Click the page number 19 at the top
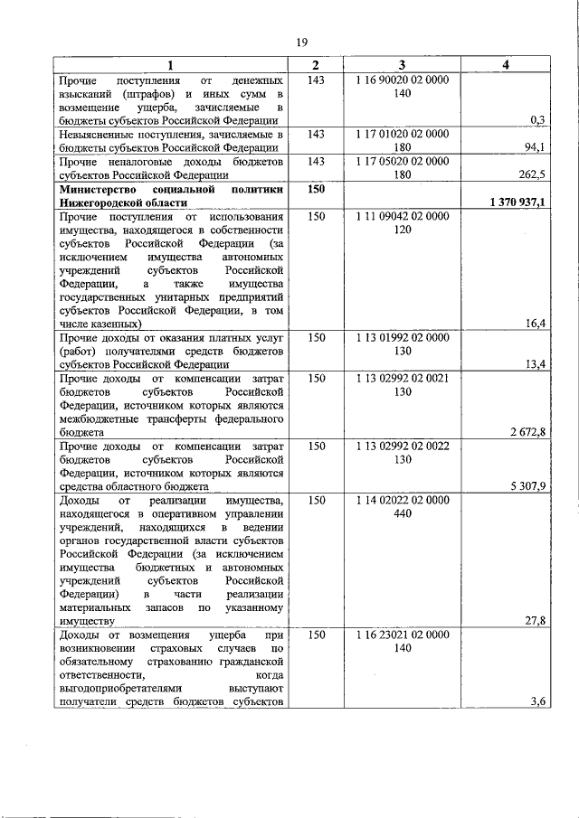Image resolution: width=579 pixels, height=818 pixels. click(302, 42)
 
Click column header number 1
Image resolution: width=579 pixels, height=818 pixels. click(170, 65)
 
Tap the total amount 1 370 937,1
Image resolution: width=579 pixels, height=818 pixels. click(517, 204)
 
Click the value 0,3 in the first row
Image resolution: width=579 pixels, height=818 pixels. click(537, 119)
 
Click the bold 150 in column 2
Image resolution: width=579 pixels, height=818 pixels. click(316, 190)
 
